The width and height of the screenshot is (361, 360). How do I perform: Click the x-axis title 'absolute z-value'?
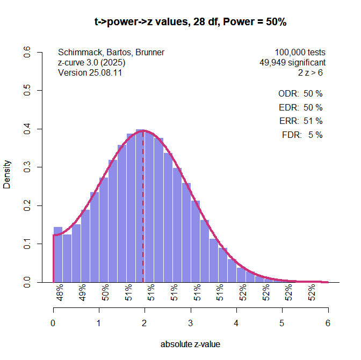pos(190,344)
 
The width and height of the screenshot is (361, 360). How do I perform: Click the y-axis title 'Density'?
pos(8,174)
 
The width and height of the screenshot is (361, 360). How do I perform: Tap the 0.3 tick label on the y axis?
pos(27,167)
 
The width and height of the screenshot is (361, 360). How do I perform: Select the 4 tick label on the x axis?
pos(236,324)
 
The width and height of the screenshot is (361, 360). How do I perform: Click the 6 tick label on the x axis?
pos(328,324)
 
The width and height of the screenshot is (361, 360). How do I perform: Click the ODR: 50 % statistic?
pos(300,93)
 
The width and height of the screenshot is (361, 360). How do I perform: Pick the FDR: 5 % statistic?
pos(302,135)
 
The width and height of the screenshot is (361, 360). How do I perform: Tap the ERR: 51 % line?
pos(300,121)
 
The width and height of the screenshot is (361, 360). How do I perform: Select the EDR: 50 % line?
pos(300,107)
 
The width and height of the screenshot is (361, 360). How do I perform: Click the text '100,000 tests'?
pos(300,53)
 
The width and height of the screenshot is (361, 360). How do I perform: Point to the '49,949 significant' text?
pos(292,62)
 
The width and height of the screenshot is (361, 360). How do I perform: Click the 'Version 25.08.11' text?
pos(90,72)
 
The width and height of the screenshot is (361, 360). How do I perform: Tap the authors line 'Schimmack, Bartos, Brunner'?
pos(111,53)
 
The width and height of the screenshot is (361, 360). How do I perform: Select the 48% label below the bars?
pos(60,293)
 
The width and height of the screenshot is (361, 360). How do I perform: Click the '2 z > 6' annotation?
pos(312,72)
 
